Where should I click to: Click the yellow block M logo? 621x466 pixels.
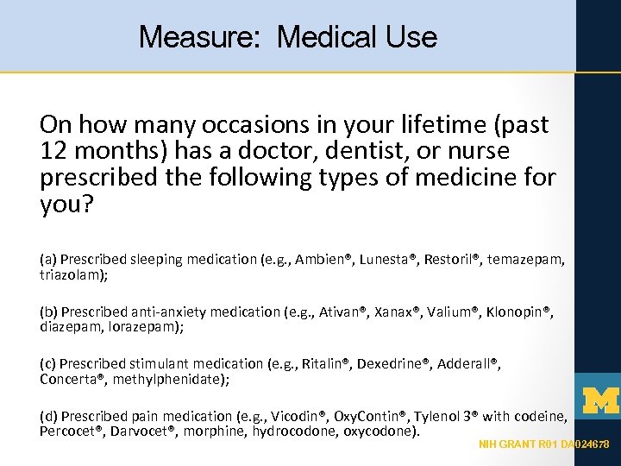point(601,400)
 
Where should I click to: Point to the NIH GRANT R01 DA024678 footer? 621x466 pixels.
point(544,444)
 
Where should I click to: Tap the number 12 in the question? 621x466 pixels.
point(53,151)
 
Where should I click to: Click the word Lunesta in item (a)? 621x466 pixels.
point(386,258)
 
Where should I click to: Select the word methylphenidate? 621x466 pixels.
point(172,379)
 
